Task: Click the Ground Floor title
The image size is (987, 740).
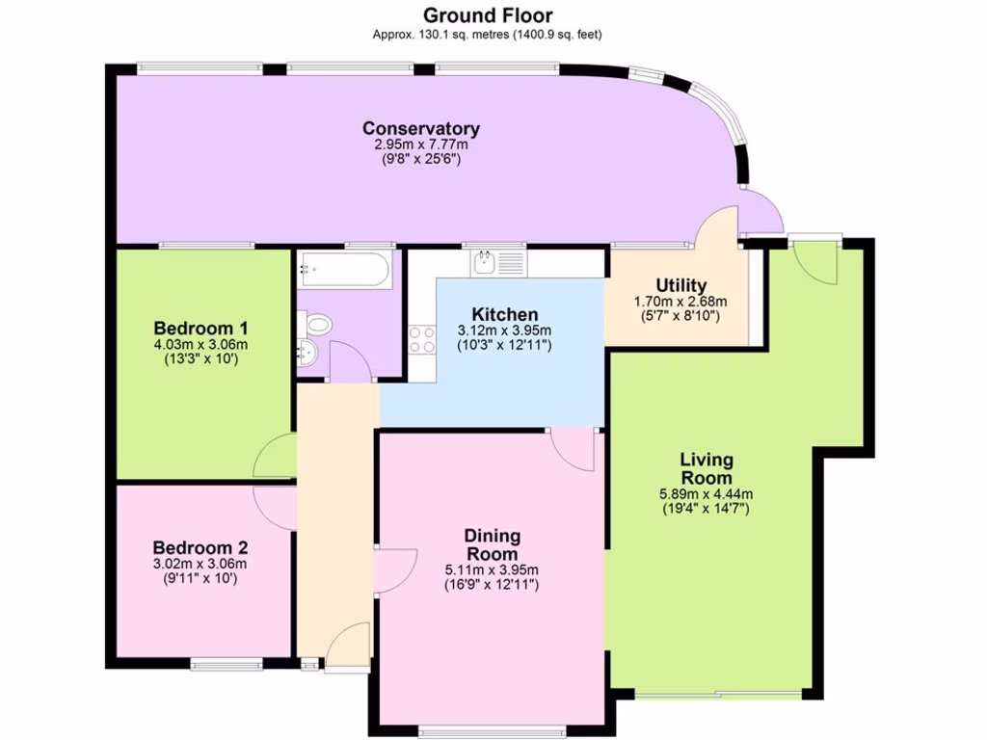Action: pos(488,15)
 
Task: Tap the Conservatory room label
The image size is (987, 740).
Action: pos(421,128)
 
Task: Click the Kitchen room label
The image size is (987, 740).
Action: pos(504,314)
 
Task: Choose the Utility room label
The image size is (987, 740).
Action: pos(680,285)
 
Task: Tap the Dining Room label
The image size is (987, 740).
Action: pos(492,544)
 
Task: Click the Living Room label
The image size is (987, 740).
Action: pos(707,468)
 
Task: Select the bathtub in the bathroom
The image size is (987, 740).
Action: pos(344,270)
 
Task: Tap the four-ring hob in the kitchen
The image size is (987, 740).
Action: pos(422,340)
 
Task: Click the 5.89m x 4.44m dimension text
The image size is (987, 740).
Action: pos(707,495)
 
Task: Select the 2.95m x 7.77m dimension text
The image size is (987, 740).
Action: pos(421,145)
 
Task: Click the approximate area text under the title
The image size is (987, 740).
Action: pos(488,35)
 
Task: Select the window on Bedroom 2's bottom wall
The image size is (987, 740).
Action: pos(226,663)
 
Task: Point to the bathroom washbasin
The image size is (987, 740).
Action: pos(307,354)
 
